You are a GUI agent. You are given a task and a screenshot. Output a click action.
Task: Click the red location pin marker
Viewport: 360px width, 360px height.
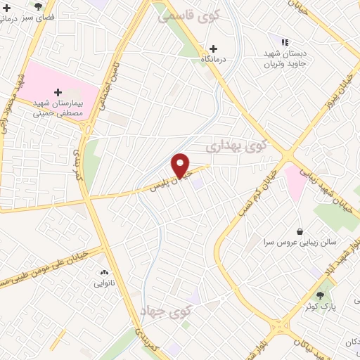click(181, 165)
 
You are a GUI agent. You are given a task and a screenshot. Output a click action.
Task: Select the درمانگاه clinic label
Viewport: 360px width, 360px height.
click(213, 61)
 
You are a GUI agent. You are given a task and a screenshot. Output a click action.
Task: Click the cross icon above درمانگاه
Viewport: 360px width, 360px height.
click(213, 49)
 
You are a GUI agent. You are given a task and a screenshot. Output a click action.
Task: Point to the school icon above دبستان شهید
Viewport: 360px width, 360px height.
click(285, 43)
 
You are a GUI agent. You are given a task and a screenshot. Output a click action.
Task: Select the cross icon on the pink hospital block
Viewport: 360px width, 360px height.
click(58, 92)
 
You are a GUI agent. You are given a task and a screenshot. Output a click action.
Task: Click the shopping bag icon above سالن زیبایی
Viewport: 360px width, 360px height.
click(300, 231)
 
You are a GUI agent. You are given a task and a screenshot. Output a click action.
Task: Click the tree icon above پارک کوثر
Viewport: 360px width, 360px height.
click(321, 295)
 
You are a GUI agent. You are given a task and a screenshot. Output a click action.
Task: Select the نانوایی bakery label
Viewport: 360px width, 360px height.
click(104, 284)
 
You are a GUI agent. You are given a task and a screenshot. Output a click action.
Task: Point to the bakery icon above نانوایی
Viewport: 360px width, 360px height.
click(104, 272)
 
